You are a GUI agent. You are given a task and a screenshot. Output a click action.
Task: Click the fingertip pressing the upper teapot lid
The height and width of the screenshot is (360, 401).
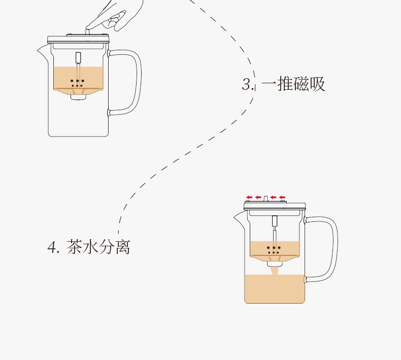pyautogui.click(x=90, y=28)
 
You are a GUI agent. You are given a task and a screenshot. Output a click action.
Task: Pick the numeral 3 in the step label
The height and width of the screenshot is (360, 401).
pyautogui.click(x=247, y=84)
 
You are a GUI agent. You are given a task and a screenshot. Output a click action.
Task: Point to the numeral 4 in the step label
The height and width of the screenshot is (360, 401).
pyautogui.click(x=53, y=248)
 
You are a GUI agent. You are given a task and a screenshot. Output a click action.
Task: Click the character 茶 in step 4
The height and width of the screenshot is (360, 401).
pyautogui.click(x=75, y=247)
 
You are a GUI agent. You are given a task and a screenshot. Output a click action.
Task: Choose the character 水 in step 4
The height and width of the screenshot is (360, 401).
pyautogui.click(x=91, y=247)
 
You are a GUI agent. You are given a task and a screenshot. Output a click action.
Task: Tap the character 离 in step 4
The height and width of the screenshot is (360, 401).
pyautogui.click(x=122, y=247)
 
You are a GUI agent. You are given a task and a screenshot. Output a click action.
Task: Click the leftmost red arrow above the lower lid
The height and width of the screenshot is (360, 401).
pyautogui.click(x=249, y=197)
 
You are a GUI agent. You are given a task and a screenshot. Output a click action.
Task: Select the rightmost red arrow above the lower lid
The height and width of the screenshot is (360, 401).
pyautogui.click(x=282, y=197)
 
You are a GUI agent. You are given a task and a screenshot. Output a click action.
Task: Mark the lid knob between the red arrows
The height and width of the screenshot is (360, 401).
pyautogui.click(x=265, y=198)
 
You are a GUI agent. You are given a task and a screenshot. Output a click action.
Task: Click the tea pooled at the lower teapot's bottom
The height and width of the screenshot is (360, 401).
pyautogui.click(x=275, y=289)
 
